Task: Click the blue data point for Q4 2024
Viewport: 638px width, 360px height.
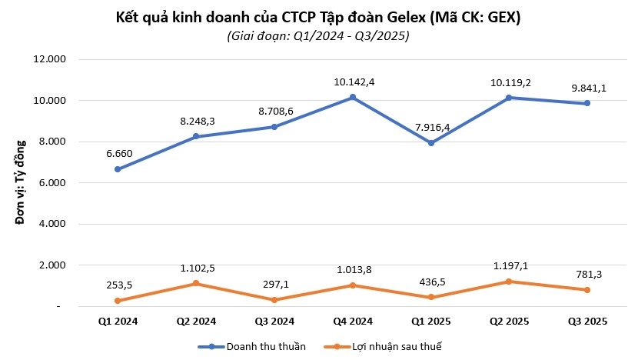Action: pyautogui.click(x=353, y=97)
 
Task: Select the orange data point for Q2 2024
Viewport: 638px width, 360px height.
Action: pyautogui.click(x=196, y=284)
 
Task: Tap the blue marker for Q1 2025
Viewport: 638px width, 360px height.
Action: pyautogui.click(x=431, y=143)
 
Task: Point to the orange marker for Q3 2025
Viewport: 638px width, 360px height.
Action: pyautogui.click(x=588, y=290)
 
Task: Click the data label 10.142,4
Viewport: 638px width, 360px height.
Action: pyautogui.click(x=353, y=82)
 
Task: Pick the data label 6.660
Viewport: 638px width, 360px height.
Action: pyautogui.click(x=117, y=153)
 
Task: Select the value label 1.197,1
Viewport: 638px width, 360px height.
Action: pyautogui.click(x=510, y=266)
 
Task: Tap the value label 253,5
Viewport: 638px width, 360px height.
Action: pyautogui.click(x=117, y=285)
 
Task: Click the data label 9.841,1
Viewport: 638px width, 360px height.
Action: pyautogui.click(x=588, y=88)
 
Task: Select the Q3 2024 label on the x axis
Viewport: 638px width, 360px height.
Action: pyautogui.click(x=274, y=321)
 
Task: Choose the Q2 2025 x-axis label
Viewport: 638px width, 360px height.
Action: pyautogui.click(x=510, y=321)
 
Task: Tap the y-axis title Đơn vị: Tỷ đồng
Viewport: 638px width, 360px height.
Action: pyautogui.click(x=22, y=182)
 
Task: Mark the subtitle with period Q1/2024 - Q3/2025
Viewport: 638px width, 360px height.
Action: pyautogui.click(x=318, y=35)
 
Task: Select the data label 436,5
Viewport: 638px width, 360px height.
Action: pyautogui.click(x=431, y=281)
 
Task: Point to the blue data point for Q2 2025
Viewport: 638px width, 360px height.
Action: pyautogui.click(x=510, y=98)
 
